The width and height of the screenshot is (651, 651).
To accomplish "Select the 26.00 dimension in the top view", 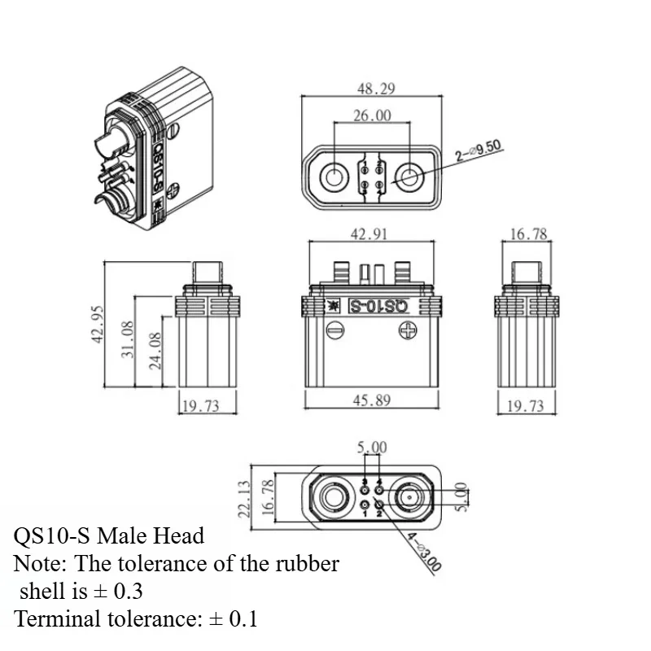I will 371,116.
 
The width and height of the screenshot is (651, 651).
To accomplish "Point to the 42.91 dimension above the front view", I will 369,234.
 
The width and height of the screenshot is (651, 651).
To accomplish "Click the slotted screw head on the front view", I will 331,330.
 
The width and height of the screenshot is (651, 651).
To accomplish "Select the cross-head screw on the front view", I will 408,330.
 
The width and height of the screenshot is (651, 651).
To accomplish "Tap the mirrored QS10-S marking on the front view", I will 377,307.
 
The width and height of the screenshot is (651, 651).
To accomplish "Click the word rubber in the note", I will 300,563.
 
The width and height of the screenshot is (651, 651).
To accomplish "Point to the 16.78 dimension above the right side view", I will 529,234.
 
